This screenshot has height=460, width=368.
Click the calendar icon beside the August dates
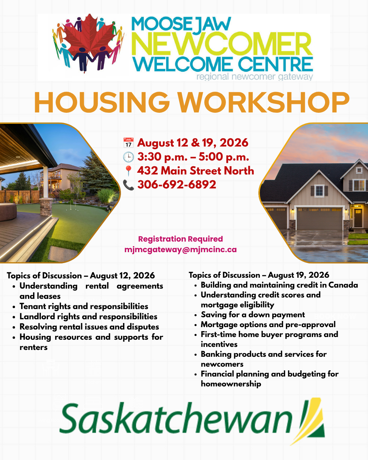[x=128, y=143]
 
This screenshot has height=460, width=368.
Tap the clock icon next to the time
[x=128, y=157]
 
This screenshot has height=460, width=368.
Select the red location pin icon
[x=128, y=171]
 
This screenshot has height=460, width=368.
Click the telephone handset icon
[x=128, y=185]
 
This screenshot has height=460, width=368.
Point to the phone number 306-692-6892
[x=177, y=184]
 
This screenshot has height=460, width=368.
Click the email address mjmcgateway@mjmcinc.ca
[x=181, y=249]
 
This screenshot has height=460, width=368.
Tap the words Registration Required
[x=181, y=239]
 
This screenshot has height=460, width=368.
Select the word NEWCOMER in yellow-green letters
[x=222, y=44]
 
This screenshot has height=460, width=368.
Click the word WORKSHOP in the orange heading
[x=264, y=102]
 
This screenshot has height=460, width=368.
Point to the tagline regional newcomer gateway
[x=255, y=77]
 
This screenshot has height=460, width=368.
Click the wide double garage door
[x=320, y=218]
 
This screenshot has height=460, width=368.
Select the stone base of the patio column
[x=46, y=207]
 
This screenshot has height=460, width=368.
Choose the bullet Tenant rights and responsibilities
[x=84, y=306]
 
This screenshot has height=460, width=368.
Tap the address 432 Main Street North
[x=196, y=171]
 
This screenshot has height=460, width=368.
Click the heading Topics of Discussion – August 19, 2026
[x=259, y=275]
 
